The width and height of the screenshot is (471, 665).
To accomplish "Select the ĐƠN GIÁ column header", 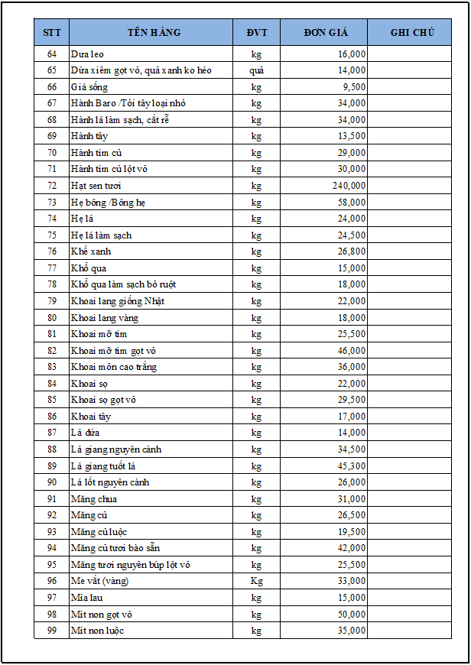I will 325,32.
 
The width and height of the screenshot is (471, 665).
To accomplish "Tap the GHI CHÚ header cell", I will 412,32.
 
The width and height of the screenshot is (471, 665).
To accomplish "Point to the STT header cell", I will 52,32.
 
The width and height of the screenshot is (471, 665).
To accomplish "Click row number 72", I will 52,186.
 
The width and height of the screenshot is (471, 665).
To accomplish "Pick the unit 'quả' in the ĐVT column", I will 256,70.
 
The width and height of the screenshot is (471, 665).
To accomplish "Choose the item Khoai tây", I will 90,417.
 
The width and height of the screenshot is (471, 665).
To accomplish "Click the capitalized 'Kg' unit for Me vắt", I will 256,581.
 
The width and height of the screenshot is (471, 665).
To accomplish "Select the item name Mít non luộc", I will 97,631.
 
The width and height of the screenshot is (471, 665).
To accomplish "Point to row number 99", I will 52,631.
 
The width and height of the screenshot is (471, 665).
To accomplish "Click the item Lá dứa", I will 86,433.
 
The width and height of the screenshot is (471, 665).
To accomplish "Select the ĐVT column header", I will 256,32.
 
